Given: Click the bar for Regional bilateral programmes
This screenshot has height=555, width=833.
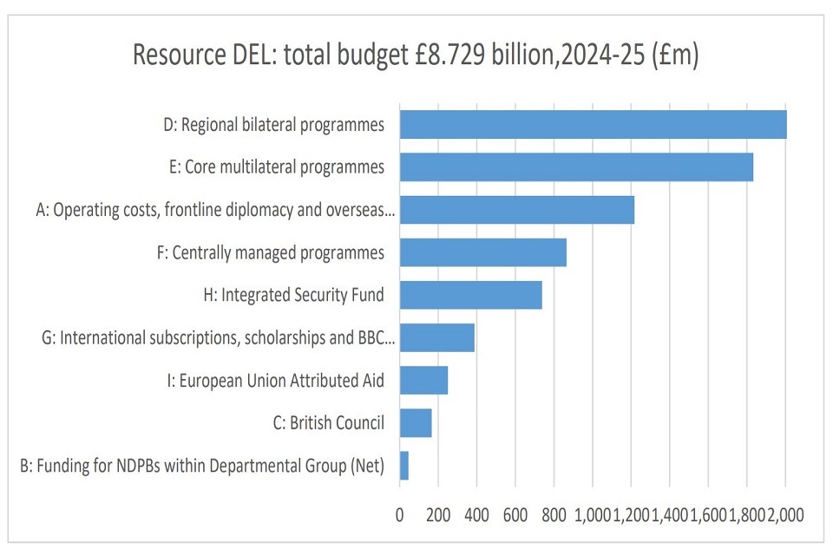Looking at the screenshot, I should pos(593,125).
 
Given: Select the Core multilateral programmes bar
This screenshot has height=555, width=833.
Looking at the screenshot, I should pos(576,167).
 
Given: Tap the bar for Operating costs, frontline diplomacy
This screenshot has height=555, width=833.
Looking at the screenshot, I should pos(516,210).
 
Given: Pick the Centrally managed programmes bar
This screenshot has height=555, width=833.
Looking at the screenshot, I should pos(482,252).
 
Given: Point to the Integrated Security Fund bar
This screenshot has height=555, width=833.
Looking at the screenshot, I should pos(470,295).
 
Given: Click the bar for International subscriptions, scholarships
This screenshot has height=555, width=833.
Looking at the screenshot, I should pos(436,337).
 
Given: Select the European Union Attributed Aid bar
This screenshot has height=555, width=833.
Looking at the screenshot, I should pos(423,380).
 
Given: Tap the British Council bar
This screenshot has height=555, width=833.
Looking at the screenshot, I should pos(415,422).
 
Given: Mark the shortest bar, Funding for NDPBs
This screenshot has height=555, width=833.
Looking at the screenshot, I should pos(403,466).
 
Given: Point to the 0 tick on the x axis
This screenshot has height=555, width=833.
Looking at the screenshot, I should pos(399,514).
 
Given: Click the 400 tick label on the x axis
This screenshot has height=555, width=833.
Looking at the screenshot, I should pos(476,514).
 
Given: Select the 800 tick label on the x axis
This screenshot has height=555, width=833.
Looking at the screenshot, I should pos(554,514).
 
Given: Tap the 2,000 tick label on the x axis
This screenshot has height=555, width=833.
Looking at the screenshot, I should pos(786,514).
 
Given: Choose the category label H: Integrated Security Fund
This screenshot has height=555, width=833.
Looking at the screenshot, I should pos(293,296).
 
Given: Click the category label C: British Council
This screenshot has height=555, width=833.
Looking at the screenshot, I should pos(328,424).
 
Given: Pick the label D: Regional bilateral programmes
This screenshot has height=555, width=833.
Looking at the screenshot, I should pos(273,125).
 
